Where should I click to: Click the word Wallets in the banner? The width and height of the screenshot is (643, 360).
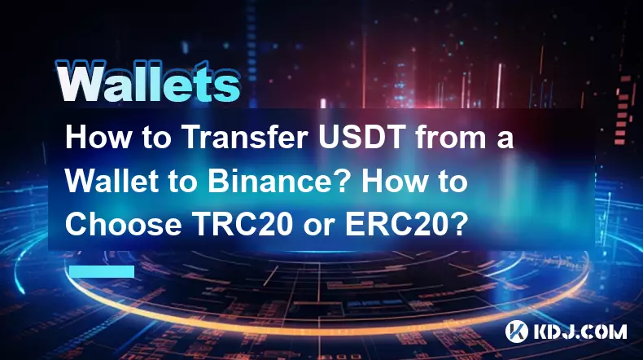click(147, 81)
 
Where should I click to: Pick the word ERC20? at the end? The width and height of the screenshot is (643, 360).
click(406, 224)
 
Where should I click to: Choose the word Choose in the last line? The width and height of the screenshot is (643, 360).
click(124, 224)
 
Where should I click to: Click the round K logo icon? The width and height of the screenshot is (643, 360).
click(517, 331)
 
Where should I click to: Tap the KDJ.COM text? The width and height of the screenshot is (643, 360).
click(580, 331)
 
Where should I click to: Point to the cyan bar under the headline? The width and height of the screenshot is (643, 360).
click(102, 271)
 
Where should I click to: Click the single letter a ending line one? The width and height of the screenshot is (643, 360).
click(505, 140)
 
